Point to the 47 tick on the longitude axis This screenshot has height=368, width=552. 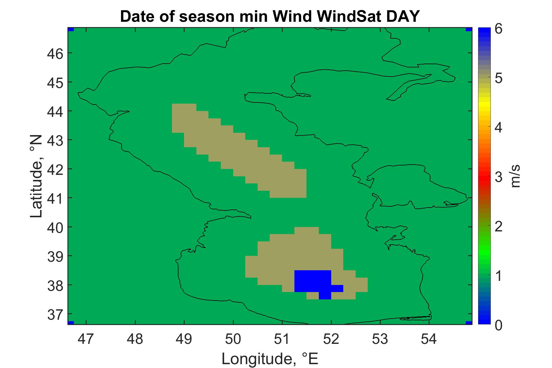pos(86,339)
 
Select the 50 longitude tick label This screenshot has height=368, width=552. pos(233,339)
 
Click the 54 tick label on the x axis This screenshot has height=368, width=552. pos(429,339)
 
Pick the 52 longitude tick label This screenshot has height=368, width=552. pos(331,339)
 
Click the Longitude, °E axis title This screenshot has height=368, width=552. pos(270,359)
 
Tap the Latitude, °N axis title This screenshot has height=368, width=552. pos(37,176)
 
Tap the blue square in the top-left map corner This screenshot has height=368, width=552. pos(71,29)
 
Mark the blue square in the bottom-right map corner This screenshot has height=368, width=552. pos(469,323)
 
